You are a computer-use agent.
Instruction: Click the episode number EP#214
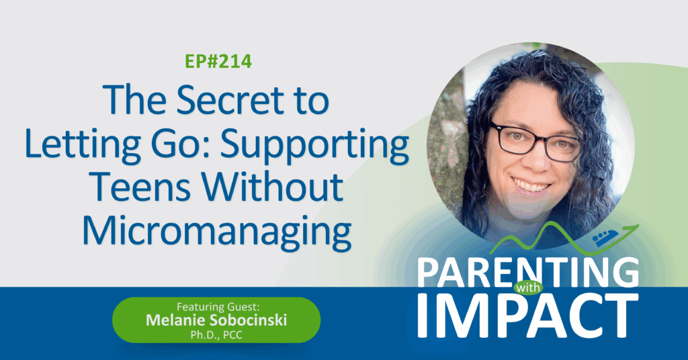pyautogui.click(x=218, y=61)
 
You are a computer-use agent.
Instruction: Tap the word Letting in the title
pyautogui.click(x=83, y=144)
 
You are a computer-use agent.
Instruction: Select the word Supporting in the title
pyautogui.click(x=314, y=146)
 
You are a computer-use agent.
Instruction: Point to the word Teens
pyautogui.click(x=140, y=187)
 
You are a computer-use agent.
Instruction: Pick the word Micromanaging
pyautogui.click(x=217, y=231)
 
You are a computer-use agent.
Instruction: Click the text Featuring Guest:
pyautogui.click(x=218, y=306)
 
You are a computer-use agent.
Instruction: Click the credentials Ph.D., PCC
pyautogui.click(x=216, y=335)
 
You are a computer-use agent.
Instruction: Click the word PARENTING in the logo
pyautogui.click(x=528, y=272)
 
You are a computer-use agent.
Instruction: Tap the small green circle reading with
pyautogui.click(x=528, y=288)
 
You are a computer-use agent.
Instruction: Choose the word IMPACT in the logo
pyautogui.click(x=528, y=316)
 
